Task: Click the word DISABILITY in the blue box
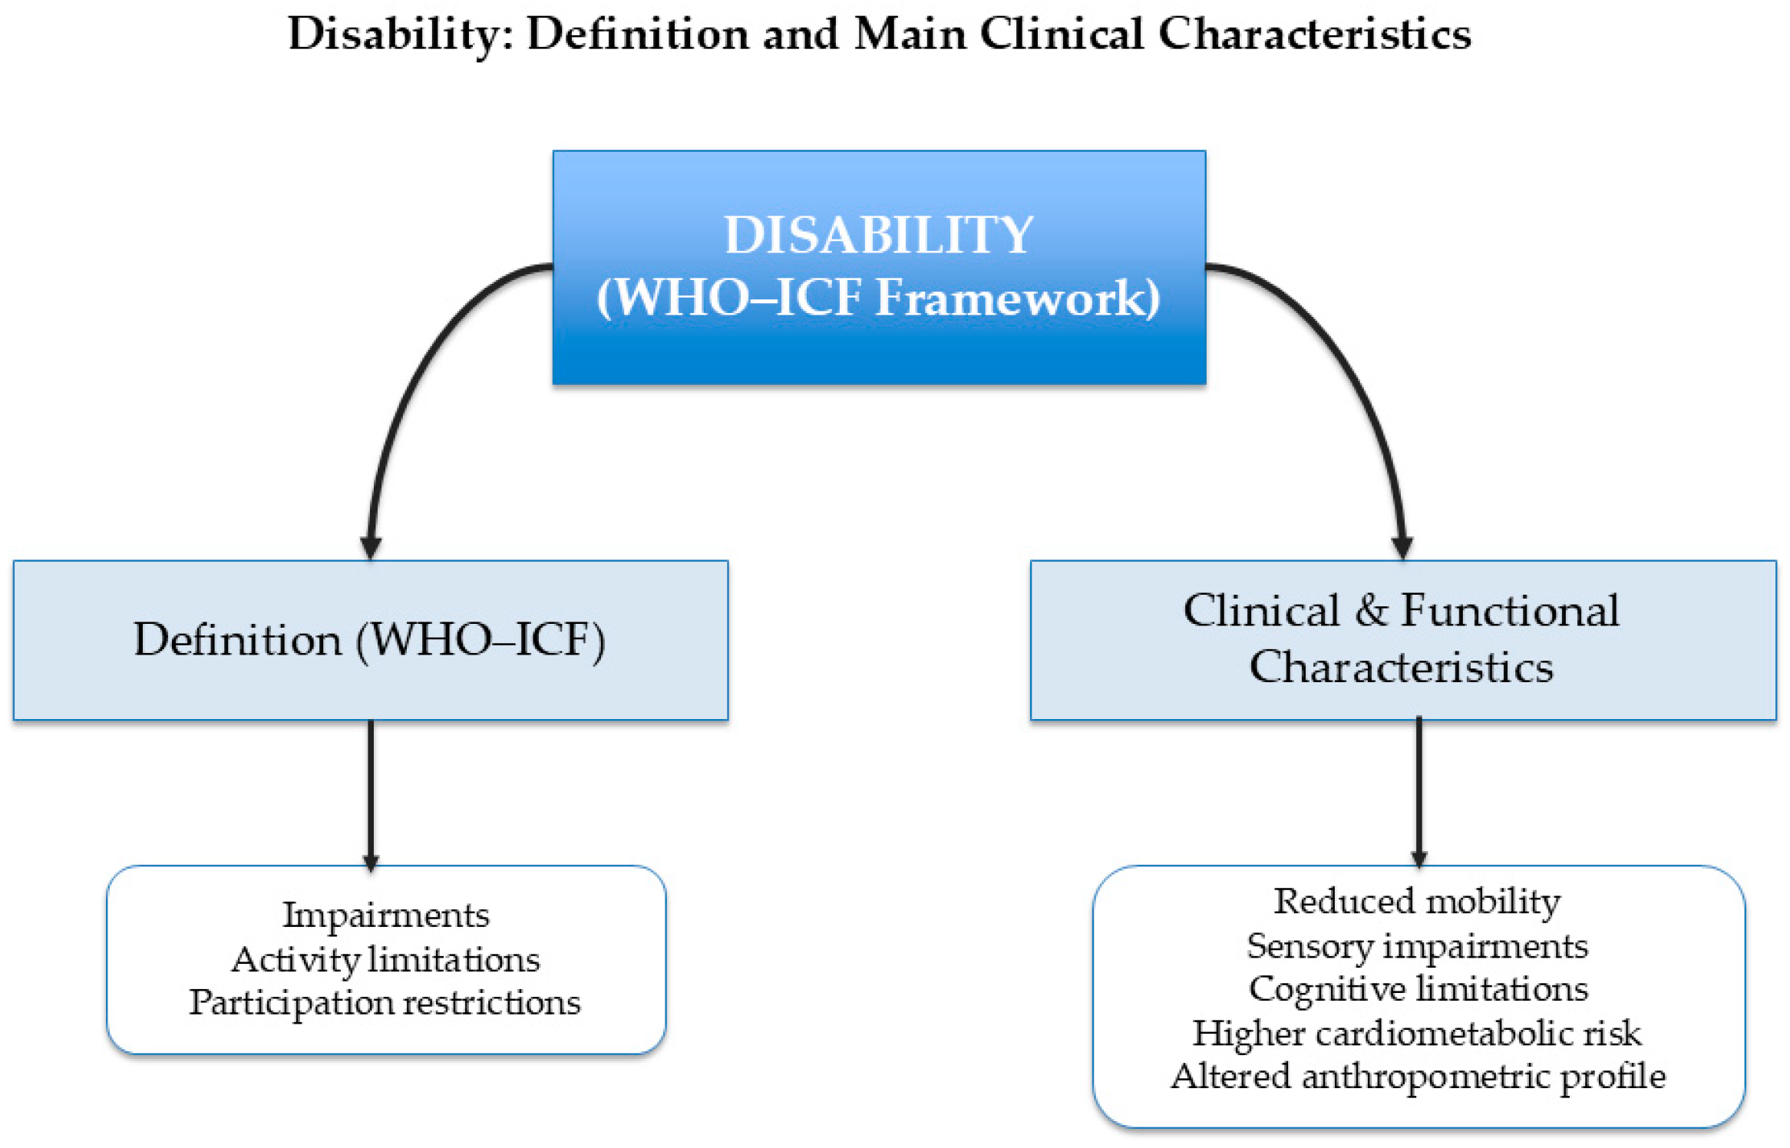[x=879, y=235]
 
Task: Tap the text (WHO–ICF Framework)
[x=879, y=298]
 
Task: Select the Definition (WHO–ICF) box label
[x=369, y=639]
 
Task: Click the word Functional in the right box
[x=1510, y=611]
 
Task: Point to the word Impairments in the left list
[x=386, y=915]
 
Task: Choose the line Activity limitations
[x=386, y=959]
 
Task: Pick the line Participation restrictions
[x=385, y=1002]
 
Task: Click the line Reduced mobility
[x=1417, y=901]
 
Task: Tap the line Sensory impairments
[x=1417, y=945]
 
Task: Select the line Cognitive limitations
[x=1418, y=988]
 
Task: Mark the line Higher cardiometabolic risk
[x=1417, y=1033]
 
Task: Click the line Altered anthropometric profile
[x=1418, y=1076]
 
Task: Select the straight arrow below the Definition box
[x=371, y=790]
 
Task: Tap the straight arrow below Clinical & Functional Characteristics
[x=1418, y=790]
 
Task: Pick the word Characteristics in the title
[x=1314, y=35]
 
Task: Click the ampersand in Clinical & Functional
[x=1371, y=611]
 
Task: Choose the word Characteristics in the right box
[x=1401, y=666]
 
